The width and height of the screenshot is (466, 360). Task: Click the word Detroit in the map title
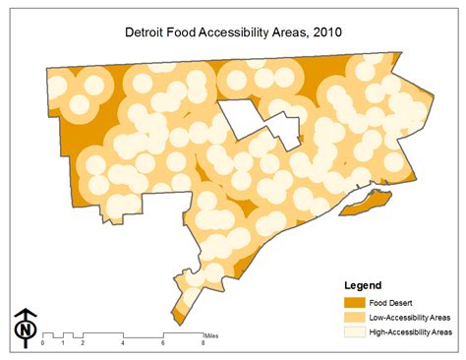pyautogui.click(x=145, y=31)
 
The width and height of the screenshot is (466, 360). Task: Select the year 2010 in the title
pyautogui.click(x=325, y=31)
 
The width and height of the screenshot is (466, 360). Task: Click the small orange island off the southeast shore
pyautogui.click(x=369, y=205)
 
